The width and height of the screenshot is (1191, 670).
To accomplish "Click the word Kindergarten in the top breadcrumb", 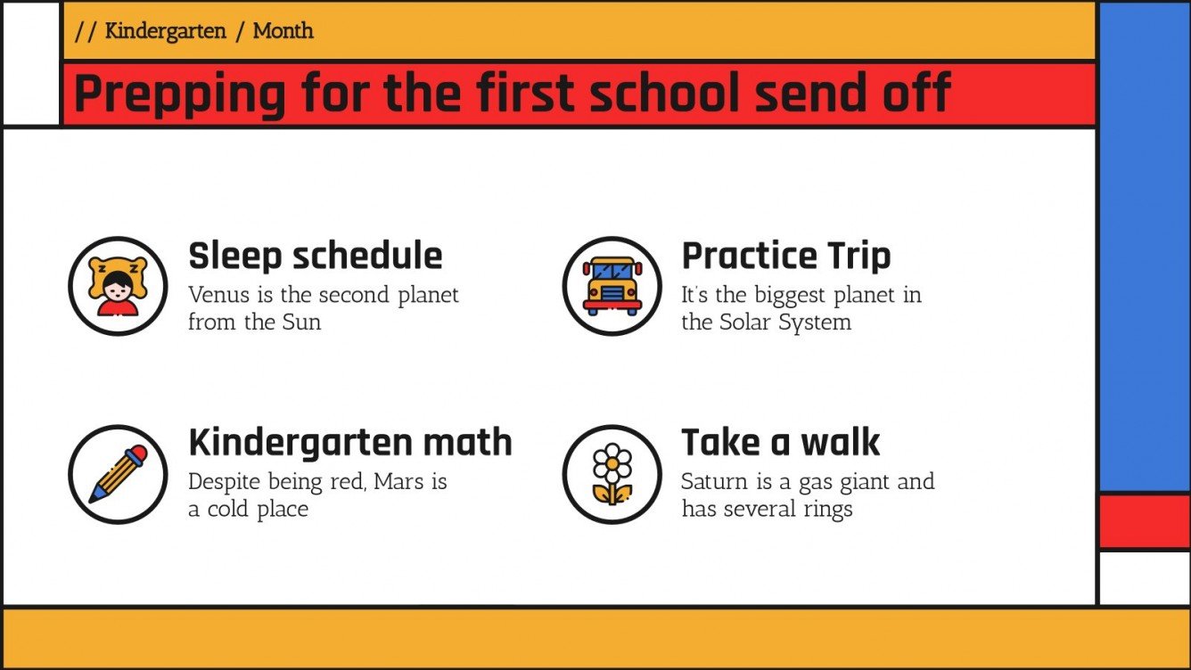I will coord(165,31).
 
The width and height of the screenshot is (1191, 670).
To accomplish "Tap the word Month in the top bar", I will coord(283,31).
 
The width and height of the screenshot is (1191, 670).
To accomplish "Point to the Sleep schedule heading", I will coord(315,256).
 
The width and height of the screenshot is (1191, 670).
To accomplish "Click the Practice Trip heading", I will coord(785,256).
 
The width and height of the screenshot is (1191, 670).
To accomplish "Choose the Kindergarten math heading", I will coord(350,442).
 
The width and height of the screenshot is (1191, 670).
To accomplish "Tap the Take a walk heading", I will coord(780,442).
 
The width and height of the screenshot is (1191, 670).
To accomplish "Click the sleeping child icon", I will coord(118,285).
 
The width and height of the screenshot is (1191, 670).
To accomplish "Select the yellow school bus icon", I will coord(612,286).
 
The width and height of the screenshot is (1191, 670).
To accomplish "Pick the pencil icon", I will coord(118,473).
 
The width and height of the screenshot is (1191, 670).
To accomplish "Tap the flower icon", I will coord(612,473).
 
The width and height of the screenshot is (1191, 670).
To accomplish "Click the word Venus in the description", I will coord(218,295).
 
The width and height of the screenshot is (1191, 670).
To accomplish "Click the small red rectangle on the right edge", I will coord(1144,521).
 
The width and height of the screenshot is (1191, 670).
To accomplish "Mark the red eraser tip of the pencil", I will coord(136,456).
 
